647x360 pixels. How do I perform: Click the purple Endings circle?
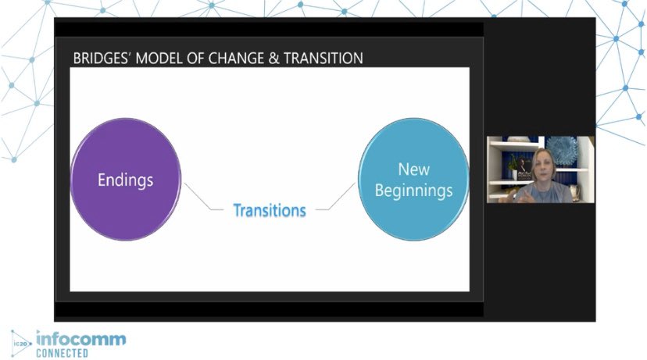125,180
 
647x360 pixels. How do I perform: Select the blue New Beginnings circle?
413,180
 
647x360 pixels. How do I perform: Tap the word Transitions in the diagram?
270,210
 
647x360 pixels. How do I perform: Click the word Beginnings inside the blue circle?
414,191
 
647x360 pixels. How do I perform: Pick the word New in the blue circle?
414,169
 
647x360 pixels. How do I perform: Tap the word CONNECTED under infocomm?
63,353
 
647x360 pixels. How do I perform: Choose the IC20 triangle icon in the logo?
21,342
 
